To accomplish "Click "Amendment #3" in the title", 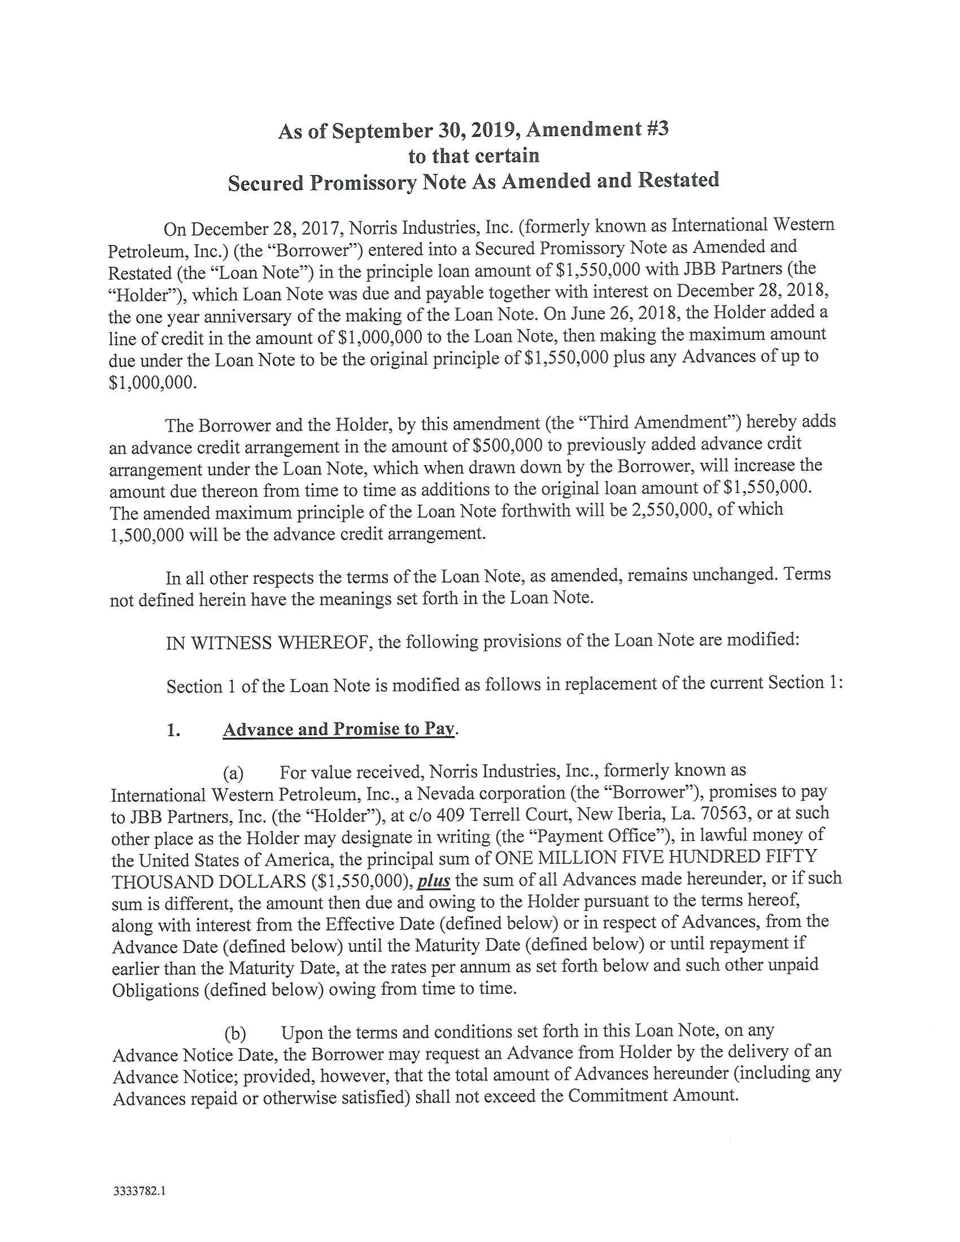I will [597, 130].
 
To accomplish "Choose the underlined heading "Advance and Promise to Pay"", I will [339, 729].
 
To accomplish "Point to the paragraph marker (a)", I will [233, 773].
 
